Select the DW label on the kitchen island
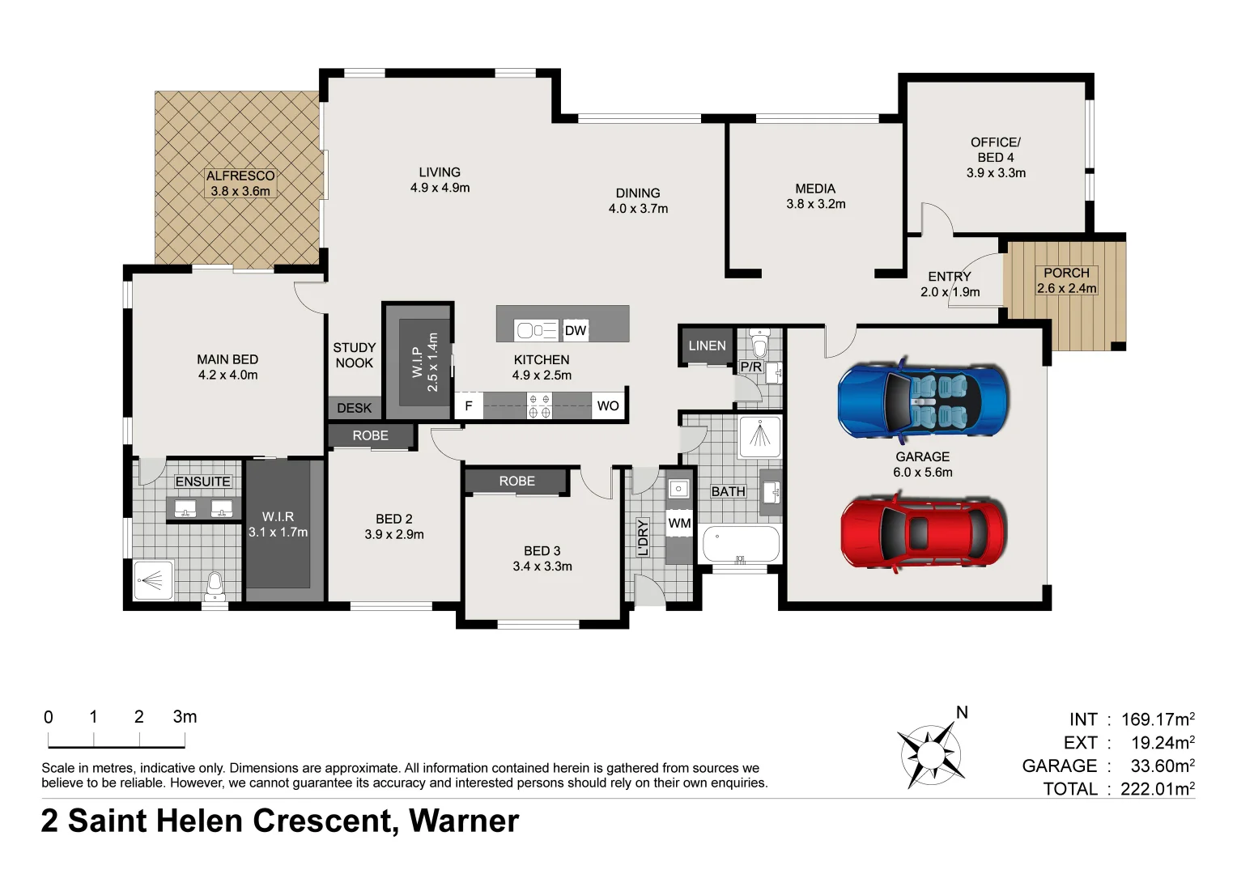(x=575, y=330)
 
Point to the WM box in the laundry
(x=679, y=524)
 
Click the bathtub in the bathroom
(x=741, y=544)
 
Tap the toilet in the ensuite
(x=215, y=584)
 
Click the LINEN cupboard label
(x=707, y=346)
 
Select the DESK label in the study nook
(x=354, y=408)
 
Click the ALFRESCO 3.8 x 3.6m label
(x=240, y=184)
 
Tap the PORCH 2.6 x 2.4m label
(x=1066, y=281)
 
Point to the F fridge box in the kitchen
(x=468, y=406)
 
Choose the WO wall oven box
(x=607, y=406)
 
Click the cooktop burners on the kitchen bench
(x=539, y=406)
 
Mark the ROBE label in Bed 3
(x=516, y=481)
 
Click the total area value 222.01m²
(x=1157, y=789)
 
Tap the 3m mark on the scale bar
(x=185, y=717)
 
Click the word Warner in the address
(x=463, y=821)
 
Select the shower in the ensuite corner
(x=153, y=580)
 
